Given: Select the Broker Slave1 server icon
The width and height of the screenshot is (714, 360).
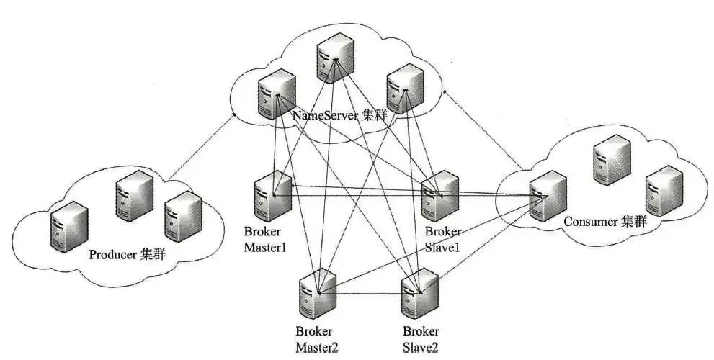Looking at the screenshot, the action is (439, 196).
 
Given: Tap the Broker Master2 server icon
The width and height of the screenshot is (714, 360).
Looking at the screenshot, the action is (318, 294).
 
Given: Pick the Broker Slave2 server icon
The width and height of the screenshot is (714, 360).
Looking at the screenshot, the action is (420, 294).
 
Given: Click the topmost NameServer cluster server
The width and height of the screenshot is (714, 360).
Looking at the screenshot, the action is (336, 58).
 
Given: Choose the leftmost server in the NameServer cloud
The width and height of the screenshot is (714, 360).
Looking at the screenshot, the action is (277, 94).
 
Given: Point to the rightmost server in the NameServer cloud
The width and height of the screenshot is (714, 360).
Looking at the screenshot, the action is (405, 89).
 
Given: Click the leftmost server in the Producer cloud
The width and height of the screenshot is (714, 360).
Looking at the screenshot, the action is (69, 227).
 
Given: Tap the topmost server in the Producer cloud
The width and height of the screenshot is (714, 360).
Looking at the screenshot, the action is (134, 196).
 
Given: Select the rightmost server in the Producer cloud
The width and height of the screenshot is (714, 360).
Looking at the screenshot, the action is (183, 216).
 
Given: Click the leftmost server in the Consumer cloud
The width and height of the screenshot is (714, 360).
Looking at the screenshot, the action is (548, 196).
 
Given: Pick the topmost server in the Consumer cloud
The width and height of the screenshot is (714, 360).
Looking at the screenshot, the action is (612, 160).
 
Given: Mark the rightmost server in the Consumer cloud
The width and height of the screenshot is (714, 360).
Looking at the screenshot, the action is (664, 190).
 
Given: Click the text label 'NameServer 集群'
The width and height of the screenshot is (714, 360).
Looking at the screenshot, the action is (339, 115).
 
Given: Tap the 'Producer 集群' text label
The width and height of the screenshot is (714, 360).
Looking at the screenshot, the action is (127, 254).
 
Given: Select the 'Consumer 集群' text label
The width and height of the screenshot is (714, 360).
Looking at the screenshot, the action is (605, 222).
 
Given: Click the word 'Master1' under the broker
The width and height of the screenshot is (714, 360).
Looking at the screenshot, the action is (265, 248).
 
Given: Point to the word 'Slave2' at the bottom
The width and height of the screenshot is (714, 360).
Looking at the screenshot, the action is (421, 348).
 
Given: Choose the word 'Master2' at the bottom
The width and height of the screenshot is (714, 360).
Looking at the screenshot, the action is (317, 348).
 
